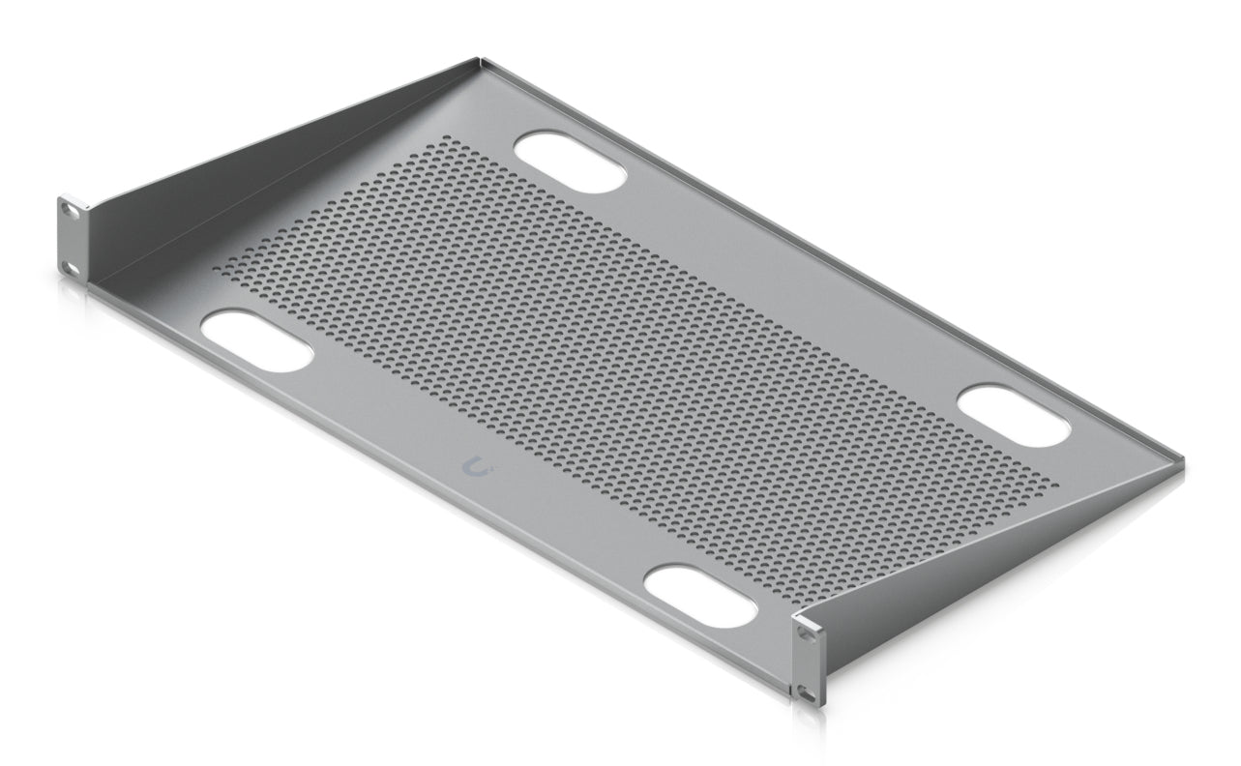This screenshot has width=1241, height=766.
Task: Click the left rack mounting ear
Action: coord(73,235)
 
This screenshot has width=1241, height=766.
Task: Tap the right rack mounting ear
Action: coord(811,661)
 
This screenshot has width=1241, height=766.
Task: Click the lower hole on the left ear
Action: coord(69,267)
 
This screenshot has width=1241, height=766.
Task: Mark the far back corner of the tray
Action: coord(481,60)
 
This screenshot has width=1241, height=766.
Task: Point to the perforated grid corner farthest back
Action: coord(451,137)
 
